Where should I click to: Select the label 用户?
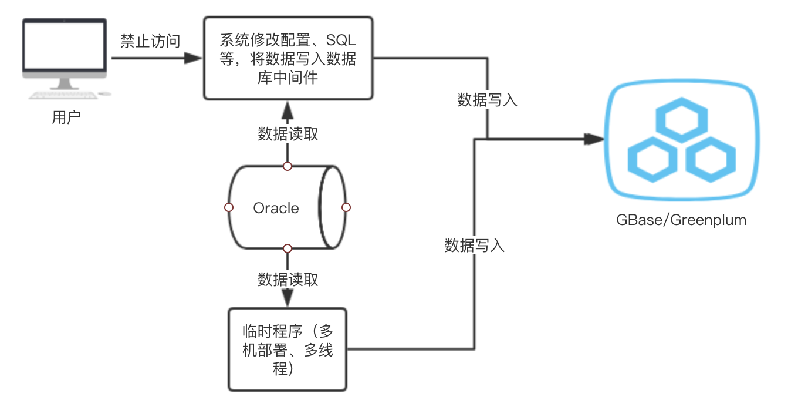tap(66, 118)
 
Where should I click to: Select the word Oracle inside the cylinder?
tap(276, 208)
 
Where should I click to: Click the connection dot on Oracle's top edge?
tap(288, 166)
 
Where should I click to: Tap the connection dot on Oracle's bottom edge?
tap(288, 248)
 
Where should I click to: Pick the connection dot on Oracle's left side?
tap(229, 207)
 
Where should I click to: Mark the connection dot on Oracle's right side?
tap(346, 207)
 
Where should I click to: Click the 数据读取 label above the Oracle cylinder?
tap(288, 134)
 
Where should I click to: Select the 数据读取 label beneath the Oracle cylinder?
tap(288, 280)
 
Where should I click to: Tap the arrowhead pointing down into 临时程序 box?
tap(288, 298)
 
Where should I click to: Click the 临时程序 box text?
tap(288, 349)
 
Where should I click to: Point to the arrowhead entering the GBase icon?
tap(595, 139)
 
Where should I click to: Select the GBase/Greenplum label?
tap(681, 220)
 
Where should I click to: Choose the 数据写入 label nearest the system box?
tap(487, 100)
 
